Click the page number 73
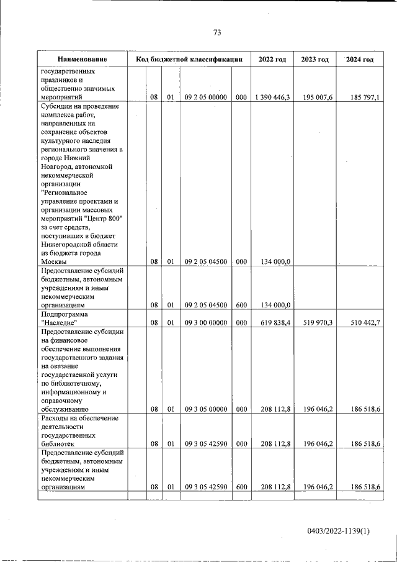click(x=217, y=32)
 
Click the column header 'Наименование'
click(x=82, y=59)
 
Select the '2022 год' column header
click(x=272, y=59)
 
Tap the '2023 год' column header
click(x=314, y=59)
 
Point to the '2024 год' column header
click(x=360, y=59)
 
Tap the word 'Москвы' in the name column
click(x=54, y=262)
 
